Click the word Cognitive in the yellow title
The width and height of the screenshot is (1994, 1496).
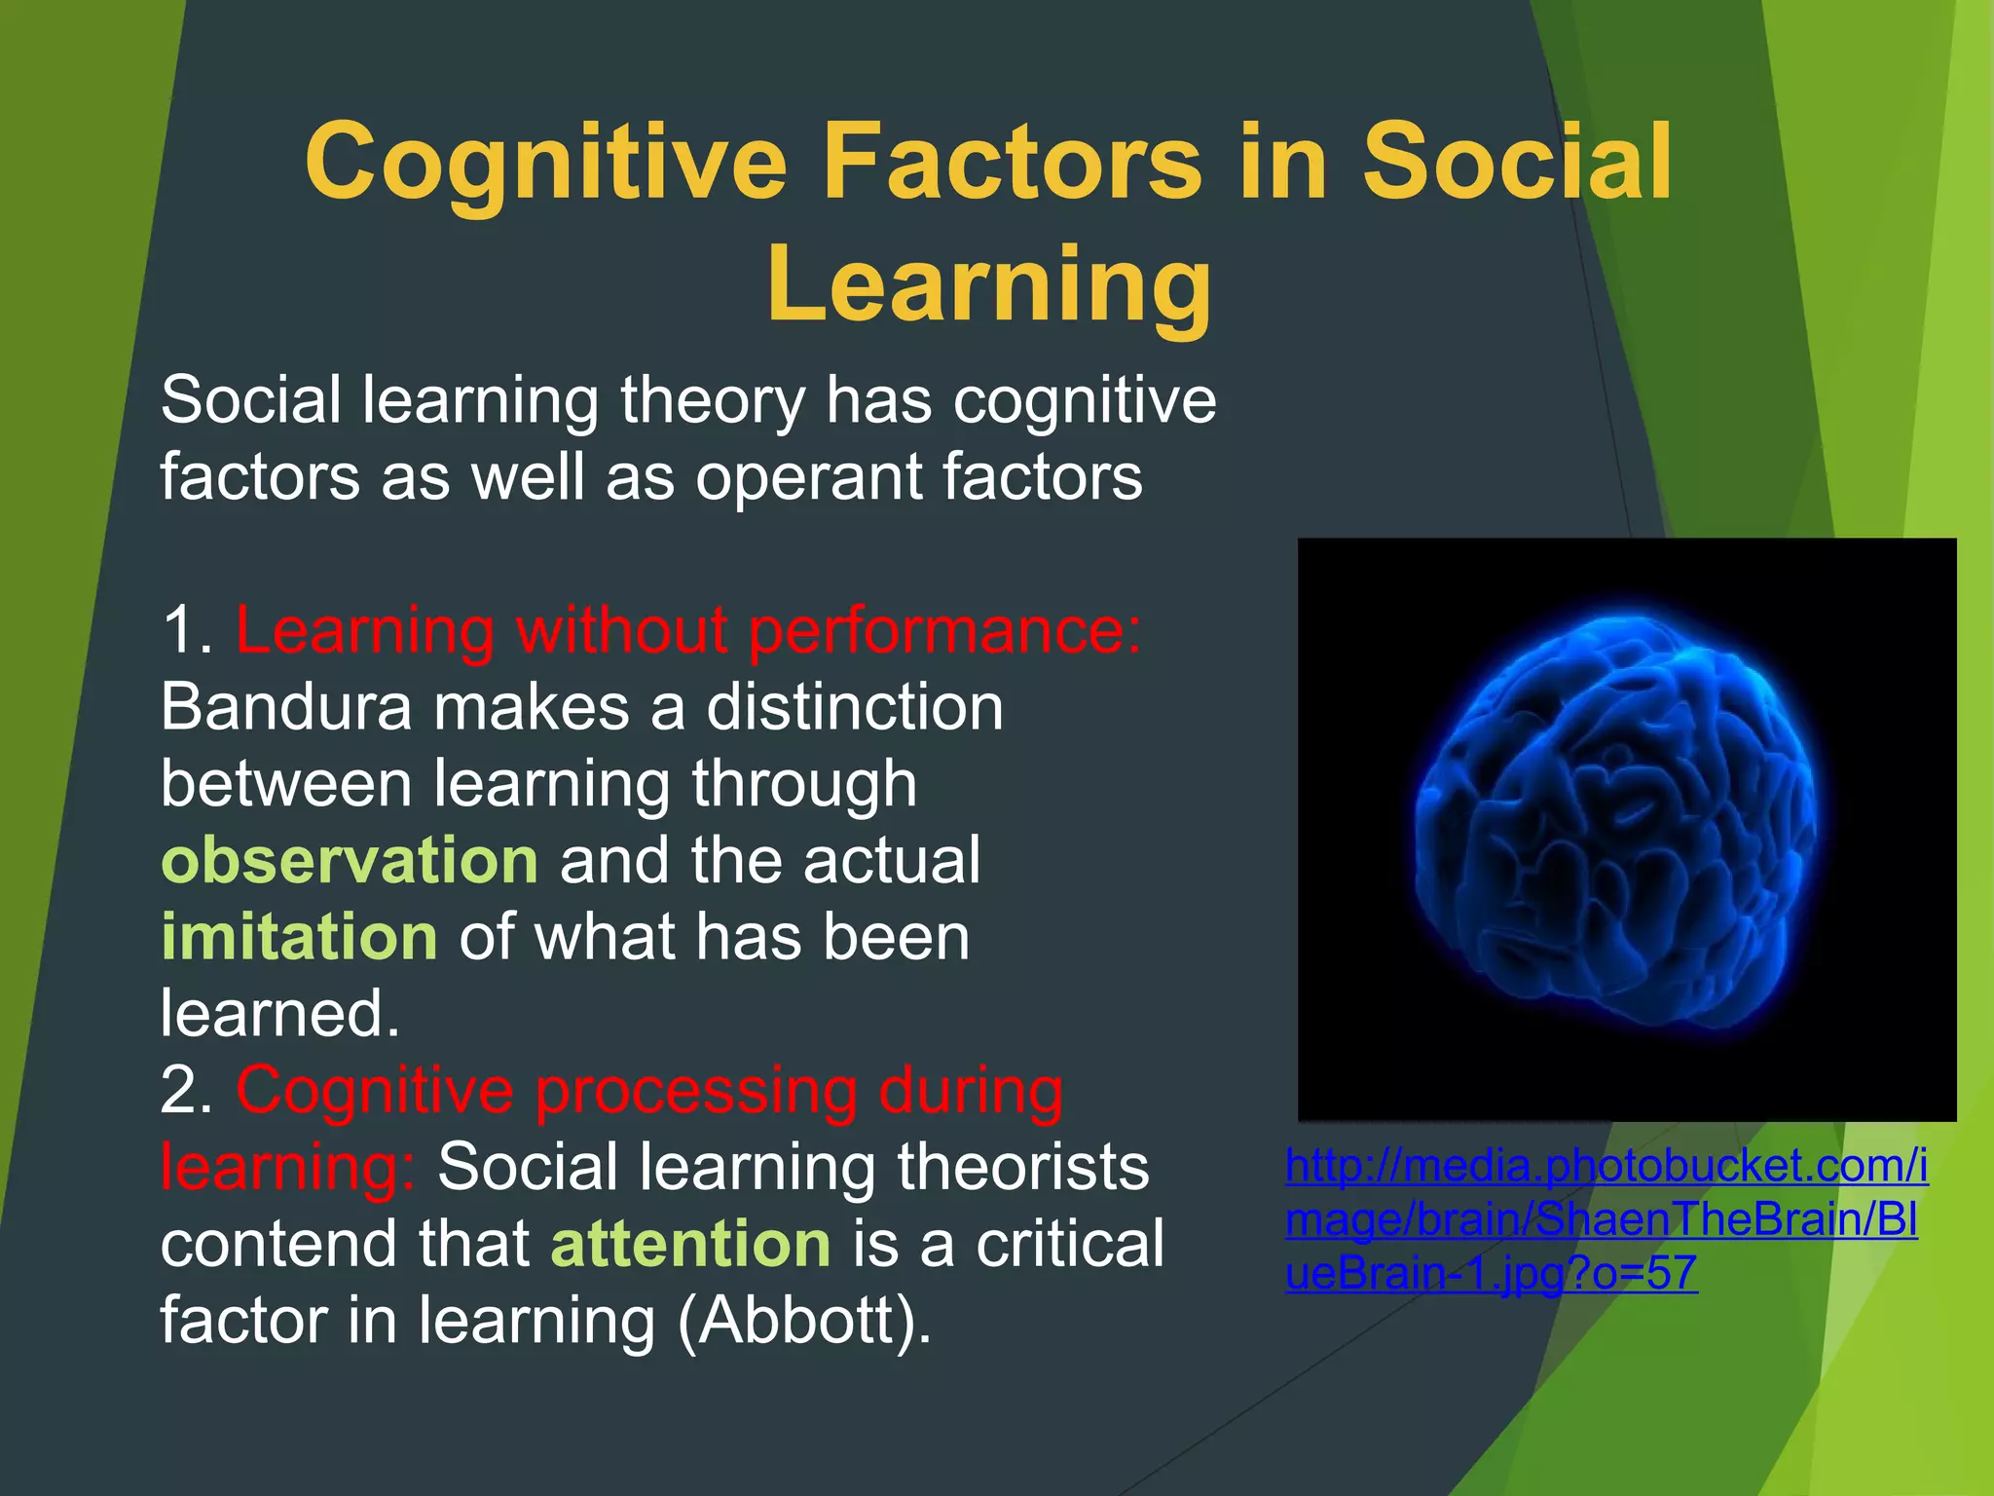[x=545, y=164]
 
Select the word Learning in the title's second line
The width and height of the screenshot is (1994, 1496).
[x=989, y=284]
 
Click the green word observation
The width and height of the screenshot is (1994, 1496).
[x=350, y=861]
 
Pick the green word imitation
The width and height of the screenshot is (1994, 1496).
[x=299, y=937]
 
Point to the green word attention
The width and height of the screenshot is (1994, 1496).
[x=691, y=1245]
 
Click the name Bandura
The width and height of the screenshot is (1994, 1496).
[x=286, y=708]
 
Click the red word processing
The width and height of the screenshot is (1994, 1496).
[x=696, y=1091]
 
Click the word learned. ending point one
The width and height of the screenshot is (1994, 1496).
[x=279, y=1014]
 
